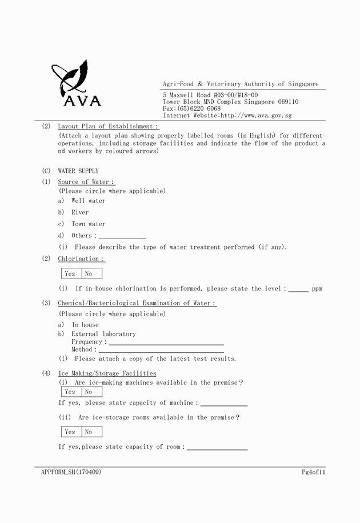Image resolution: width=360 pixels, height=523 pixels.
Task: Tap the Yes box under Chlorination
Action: pyautogui.click(x=70, y=273)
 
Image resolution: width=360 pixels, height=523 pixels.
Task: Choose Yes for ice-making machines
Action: pyautogui.click(x=70, y=392)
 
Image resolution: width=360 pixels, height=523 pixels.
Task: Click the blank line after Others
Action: pyautogui.click(x=122, y=236)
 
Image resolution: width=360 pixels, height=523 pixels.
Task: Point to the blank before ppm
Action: pyautogui.click(x=298, y=289)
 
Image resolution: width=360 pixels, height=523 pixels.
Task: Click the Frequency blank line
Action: pyautogui.click(x=166, y=342)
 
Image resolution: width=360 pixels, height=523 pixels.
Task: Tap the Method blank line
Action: pyautogui.click(x=161, y=350)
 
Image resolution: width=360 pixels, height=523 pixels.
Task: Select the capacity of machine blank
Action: pyautogui.click(x=223, y=403)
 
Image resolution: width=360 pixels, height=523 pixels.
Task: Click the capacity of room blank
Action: pyautogui.click(x=217, y=447)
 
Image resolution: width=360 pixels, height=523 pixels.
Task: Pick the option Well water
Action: pyautogui.click(x=88, y=201)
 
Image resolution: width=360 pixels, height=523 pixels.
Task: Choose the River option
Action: pyautogui.click(x=80, y=212)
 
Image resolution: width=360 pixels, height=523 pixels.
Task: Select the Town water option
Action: pyautogui.click(x=88, y=224)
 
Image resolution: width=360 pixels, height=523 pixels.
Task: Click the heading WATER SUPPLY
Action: pyautogui.click(x=78, y=171)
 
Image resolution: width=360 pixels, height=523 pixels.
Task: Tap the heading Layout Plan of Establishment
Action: pyautogui.click(x=108, y=126)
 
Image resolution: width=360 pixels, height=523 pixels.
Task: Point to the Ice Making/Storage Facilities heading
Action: pyautogui.click(x=107, y=373)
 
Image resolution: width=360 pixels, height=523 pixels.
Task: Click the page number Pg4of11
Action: pyautogui.click(x=313, y=472)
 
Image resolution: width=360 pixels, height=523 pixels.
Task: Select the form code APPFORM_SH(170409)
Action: pyautogui.click(x=71, y=472)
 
